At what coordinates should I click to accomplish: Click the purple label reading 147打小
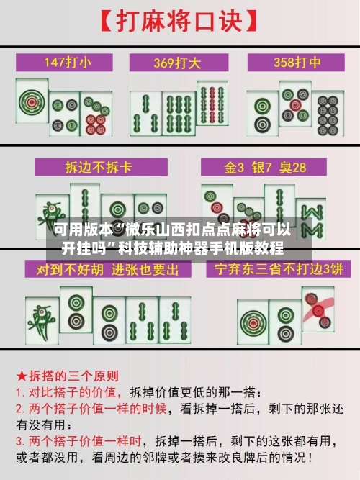tap(68, 62)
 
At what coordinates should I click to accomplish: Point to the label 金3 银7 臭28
tap(265, 167)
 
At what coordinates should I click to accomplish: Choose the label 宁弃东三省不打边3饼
tap(275, 269)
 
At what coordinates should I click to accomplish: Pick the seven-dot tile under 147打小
tap(94, 115)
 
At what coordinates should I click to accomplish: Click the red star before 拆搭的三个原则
tap(22, 376)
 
